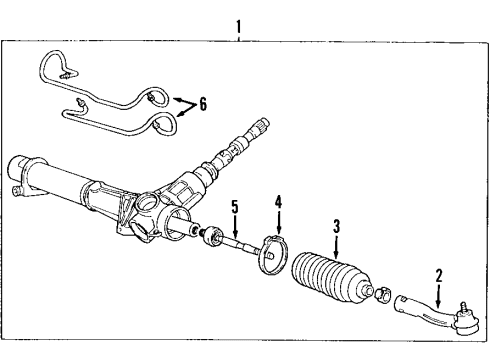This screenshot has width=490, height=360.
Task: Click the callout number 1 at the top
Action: tap(238, 20)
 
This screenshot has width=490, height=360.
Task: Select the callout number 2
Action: tap(436, 274)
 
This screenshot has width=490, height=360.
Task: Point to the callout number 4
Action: tap(279, 228)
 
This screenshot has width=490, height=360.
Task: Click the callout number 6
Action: tap(205, 103)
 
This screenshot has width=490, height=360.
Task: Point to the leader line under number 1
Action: tap(238, 33)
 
